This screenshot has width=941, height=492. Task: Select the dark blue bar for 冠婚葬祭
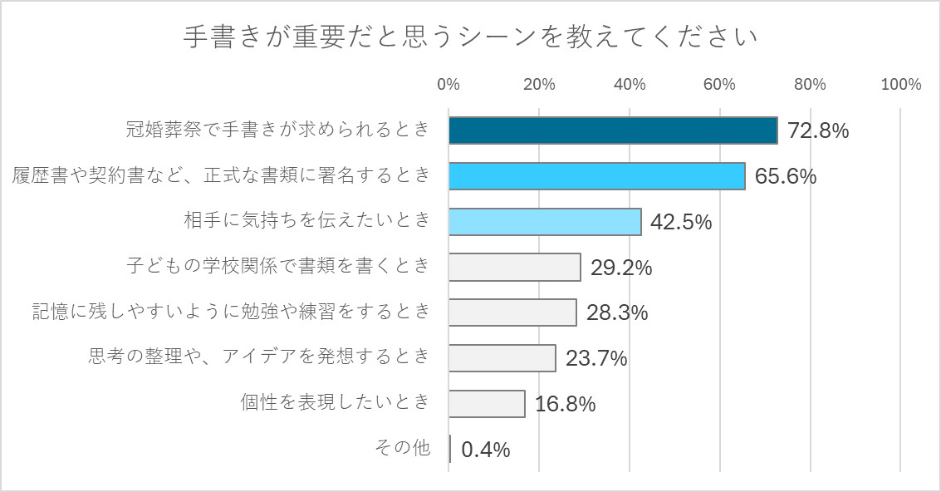pyautogui.click(x=613, y=130)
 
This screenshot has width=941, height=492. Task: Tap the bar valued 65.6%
pyautogui.click(x=596, y=176)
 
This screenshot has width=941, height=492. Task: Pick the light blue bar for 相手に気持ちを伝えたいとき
pyautogui.click(x=545, y=222)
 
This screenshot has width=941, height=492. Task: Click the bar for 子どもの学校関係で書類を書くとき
pyautogui.click(x=514, y=268)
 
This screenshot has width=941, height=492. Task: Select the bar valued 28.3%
pyautogui.click(x=512, y=312)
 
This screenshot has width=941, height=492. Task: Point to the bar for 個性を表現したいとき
pyautogui.click(x=487, y=404)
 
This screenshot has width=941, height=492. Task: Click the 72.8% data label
pyautogui.click(x=818, y=131)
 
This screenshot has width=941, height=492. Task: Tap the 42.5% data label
pyautogui.click(x=681, y=222)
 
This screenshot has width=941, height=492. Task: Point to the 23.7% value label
pyautogui.click(x=595, y=359)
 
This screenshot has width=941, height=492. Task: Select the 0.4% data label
pyautogui.click(x=485, y=450)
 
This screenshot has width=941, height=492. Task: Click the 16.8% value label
pyautogui.click(x=565, y=405)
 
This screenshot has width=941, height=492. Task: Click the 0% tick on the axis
pyautogui.click(x=448, y=84)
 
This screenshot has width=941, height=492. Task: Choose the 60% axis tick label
pyautogui.click(x=719, y=84)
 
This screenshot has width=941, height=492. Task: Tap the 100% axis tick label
pyautogui.click(x=901, y=84)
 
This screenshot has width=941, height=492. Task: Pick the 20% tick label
pyautogui.click(x=539, y=84)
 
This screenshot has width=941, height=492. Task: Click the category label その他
pyautogui.click(x=403, y=449)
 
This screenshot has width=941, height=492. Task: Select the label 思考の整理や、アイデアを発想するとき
pyautogui.click(x=259, y=357)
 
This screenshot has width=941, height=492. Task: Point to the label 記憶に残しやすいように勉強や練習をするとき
pyautogui.click(x=231, y=312)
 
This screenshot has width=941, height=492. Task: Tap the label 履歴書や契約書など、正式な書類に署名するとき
pyautogui.click(x=222, y=175)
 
